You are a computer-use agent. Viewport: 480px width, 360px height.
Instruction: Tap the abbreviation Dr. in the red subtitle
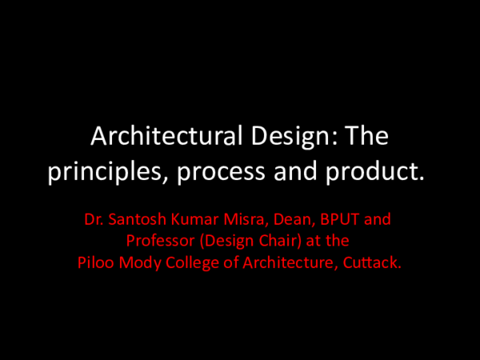(x=94, y=218)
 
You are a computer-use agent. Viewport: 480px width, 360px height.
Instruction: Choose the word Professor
(x=160, y=239)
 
